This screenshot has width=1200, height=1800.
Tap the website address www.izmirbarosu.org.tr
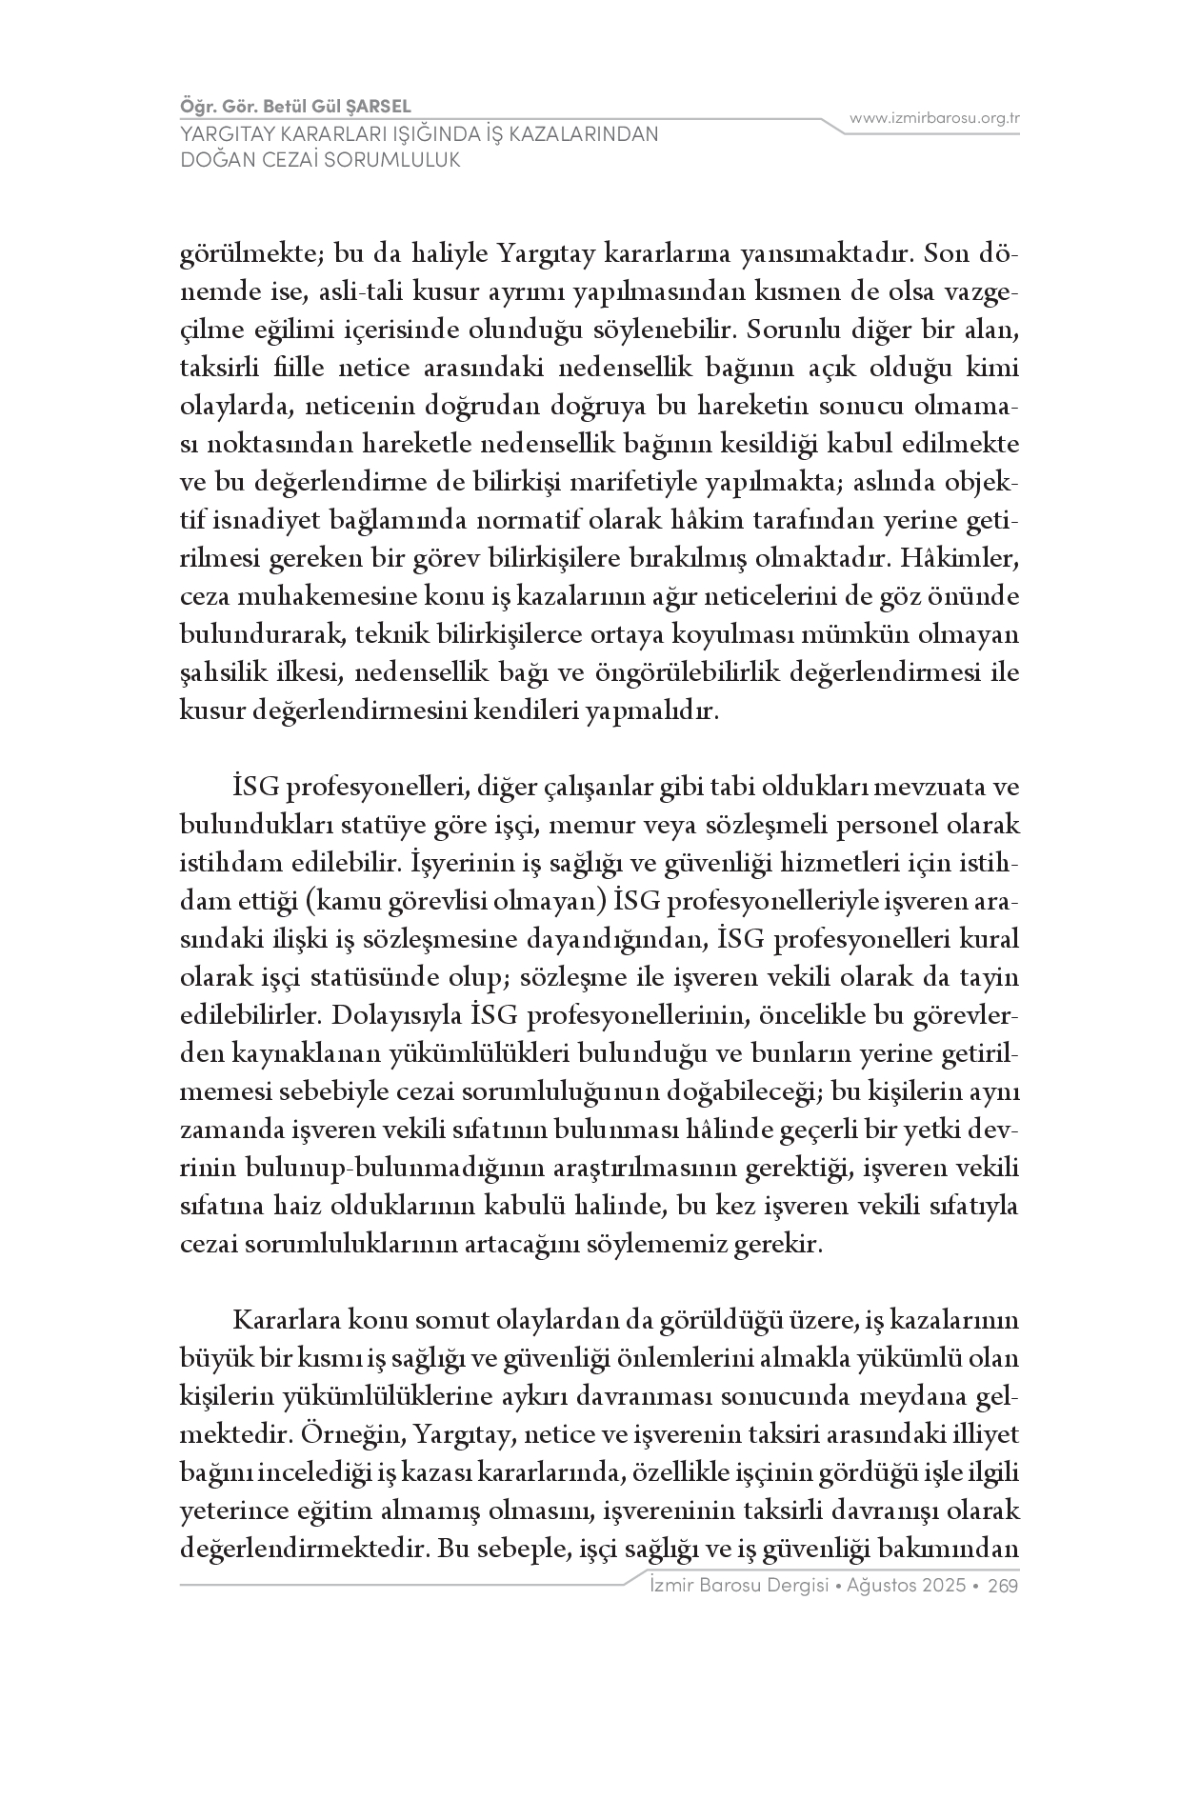click(x=934, y=119)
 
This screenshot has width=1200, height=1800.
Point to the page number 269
click(x=1004, y=1586)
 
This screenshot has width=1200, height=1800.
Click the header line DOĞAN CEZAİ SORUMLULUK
click(x=320, y=159)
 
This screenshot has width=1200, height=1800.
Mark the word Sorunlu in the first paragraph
click(x=790, y=330)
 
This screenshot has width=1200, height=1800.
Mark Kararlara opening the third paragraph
click(x=286, y=1321)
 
